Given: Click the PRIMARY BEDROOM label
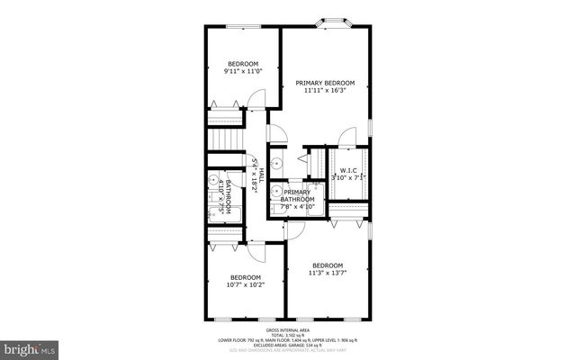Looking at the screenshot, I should (325, 83).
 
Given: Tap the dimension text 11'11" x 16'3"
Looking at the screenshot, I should (325, 91).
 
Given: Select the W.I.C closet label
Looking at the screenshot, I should (347, 170).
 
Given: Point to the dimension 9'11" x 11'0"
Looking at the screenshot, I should (243, 71).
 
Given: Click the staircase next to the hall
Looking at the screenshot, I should (226, 140).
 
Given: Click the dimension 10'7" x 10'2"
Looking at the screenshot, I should (245, 285).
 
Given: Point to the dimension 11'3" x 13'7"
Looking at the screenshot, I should (328, 273).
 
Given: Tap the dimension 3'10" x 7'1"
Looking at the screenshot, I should (347, 178).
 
